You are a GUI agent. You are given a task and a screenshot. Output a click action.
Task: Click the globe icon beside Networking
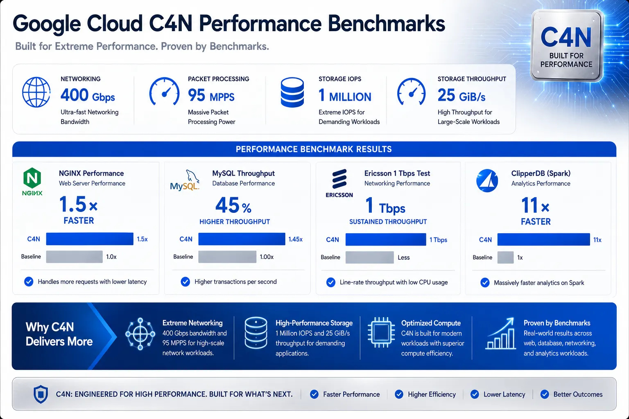[x=36, y=92]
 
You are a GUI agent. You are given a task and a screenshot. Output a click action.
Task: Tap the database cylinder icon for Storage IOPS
[x=292, y=92]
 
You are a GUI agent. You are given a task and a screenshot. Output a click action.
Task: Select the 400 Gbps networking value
[x=88, y=95]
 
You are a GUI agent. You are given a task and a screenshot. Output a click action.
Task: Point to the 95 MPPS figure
[x=211, y=95]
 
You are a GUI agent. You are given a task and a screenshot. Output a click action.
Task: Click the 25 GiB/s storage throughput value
[x=462, y=95]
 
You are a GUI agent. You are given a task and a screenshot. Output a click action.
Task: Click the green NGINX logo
[x=32, y=182]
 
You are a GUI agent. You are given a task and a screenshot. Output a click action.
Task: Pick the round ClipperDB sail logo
[x=487, y=180]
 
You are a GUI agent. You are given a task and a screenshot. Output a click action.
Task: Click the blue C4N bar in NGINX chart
[x=90, y=239]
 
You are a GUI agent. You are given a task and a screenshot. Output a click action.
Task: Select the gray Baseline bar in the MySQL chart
[x=227, y=257]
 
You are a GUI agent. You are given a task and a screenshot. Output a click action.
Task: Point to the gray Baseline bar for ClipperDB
[x=505, y=257]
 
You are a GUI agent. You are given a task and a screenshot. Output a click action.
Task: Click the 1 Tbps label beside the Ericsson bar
[x=438, y=240]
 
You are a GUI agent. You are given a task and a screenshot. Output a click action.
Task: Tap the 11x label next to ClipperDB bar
[x=597, y=240]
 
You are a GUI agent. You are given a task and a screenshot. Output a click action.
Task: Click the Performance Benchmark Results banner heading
[x=314, y=149]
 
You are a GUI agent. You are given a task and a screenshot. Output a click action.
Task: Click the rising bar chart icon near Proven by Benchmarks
[x=501, y=333]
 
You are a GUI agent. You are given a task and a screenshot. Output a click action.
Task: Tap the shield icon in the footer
[x=41, y=394]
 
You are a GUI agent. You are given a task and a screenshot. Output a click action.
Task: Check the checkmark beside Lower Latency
[x=475, y=394]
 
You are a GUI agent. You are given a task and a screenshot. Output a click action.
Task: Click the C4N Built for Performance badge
[x=566, y=46]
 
